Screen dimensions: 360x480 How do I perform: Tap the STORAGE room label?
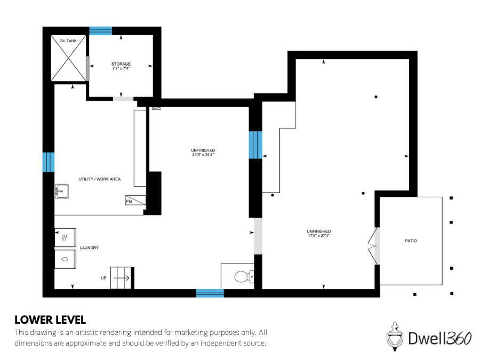pos(121,64)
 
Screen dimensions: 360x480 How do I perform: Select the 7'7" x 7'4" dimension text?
pos(121,69)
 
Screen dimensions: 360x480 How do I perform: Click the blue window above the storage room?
pos(100,30)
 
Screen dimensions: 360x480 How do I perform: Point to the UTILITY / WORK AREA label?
pos(99,179)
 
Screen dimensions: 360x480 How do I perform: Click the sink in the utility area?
pos(62,191)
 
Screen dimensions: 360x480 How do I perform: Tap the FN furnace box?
pos(129,202)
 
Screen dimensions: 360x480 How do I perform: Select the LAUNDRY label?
pos(89,248)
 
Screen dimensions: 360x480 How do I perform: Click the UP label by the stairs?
pos(103,278)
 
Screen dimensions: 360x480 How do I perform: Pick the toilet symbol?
pos(243,276)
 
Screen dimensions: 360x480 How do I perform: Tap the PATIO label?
pos(410,241)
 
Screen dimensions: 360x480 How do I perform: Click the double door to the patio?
pos(372,246)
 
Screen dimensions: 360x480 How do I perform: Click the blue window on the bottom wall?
pos(210,293)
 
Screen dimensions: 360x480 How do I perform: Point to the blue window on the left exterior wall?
pos(49,162)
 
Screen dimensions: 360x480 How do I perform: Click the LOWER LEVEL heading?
pos(50,320)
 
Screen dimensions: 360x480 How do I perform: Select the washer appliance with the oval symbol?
pos(66,259)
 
